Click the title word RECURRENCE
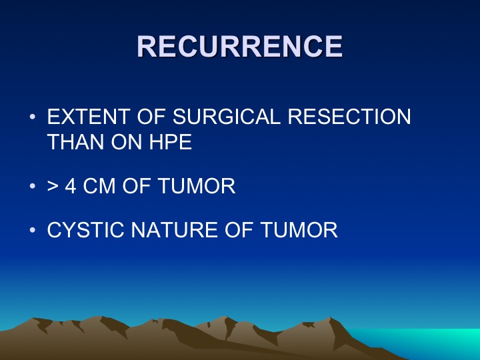[240, 46]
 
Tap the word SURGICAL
[227, 117]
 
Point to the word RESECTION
[349, 117]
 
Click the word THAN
[75, 142]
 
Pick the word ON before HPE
[127, 142]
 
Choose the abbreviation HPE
[171, 142]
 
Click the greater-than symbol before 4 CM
[53, 186]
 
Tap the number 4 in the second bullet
[71, 186]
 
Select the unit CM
[99, 186]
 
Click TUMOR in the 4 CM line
[197, 186]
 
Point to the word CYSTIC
[85, 229]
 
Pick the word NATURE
[174, 229]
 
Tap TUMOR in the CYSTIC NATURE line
[299, 229]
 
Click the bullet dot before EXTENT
[33, 117]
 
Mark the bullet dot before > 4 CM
[33, 186]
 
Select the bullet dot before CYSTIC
[33, 230]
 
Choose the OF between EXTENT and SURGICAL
[151, 117]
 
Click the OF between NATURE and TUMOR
[239, 229]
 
